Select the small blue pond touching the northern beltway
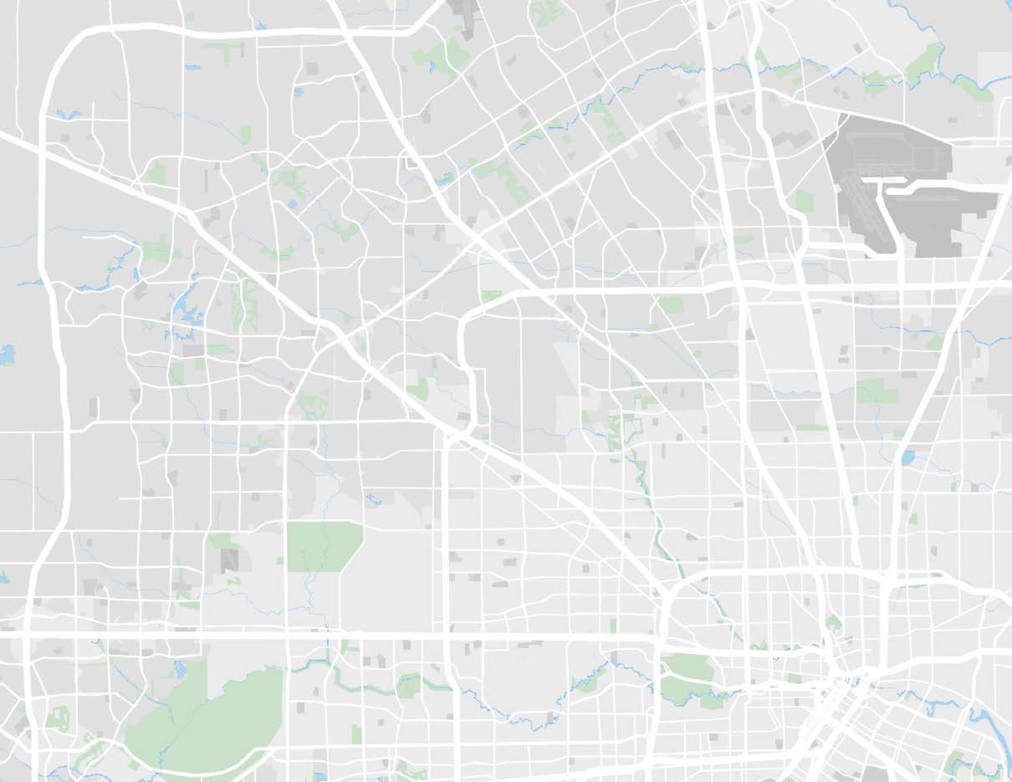[260, 25]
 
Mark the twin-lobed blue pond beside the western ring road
[68, 113]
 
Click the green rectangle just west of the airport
[805, 201]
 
